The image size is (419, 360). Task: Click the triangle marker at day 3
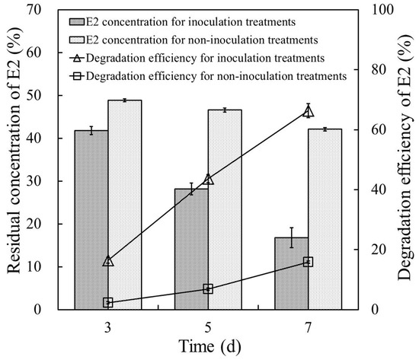click(108, 261)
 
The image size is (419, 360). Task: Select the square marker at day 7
click(308, 262)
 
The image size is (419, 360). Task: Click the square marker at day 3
click(108, 302)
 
